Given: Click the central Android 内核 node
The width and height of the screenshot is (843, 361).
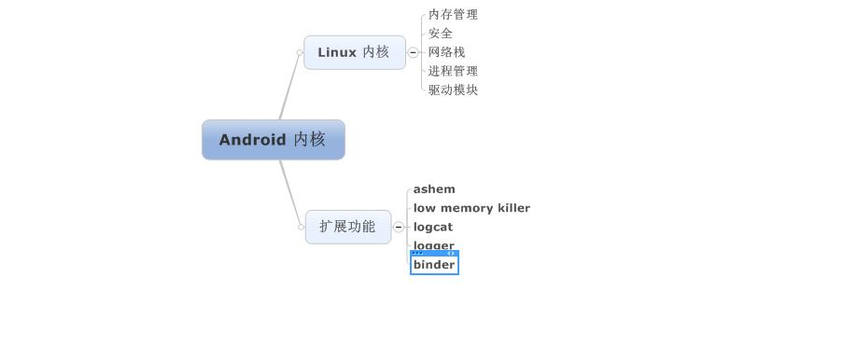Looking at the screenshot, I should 273,140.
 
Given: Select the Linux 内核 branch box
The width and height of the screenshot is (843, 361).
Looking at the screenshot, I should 354,52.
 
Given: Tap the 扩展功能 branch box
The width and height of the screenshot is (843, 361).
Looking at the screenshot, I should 347,227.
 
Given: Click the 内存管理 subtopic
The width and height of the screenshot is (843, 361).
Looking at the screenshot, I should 453,15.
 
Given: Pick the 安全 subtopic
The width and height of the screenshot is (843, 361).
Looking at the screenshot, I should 441,34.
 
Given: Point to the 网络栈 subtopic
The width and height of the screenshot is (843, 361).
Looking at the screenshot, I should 446,52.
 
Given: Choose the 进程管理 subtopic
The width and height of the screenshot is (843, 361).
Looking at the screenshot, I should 453,71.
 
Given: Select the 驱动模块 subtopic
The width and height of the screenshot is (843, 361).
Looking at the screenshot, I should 453,90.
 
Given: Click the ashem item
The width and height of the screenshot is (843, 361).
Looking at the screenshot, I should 434,189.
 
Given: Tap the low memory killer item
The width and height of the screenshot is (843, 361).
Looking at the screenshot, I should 471,208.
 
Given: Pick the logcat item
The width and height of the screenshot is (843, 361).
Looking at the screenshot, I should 433,227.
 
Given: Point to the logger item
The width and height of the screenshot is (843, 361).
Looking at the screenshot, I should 434,245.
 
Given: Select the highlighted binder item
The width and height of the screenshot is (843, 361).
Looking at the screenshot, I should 434,265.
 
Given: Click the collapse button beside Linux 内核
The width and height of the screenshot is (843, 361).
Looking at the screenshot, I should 414,52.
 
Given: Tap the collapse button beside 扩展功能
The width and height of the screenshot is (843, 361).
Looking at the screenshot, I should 399,227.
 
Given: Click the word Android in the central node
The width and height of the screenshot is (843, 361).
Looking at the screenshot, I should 252,140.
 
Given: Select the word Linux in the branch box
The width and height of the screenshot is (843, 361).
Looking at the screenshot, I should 337,52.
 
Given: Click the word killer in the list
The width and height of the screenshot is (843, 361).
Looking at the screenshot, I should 513,208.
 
